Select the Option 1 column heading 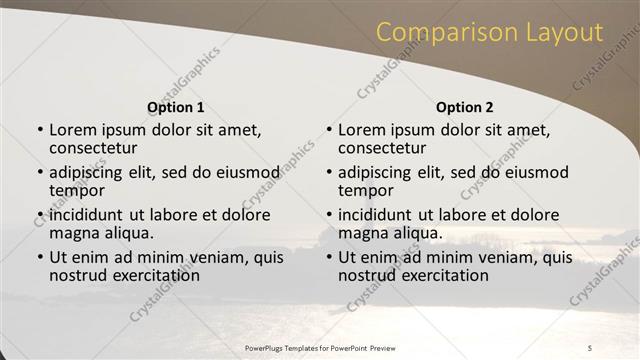click(x=176, y=107)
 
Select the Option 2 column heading click(x=465, y=107)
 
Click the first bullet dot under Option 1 click(x=40, y=130)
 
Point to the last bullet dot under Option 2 click(x=329, y=258)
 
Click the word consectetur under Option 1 click(x=96, y=148)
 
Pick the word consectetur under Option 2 click(x=385, y=148)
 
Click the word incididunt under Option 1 click(x=87, y=215)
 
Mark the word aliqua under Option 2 click(x=417, y=233)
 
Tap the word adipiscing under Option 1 click(x=88, y=172)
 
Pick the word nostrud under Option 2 click(x=367, y=275)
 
